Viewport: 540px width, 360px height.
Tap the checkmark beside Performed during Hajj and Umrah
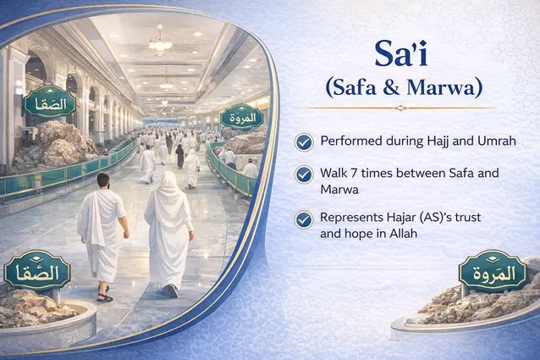coord(304,139)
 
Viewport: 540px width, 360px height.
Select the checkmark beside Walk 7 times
coord(304,174)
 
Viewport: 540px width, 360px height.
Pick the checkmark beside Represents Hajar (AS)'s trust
coord(304,219)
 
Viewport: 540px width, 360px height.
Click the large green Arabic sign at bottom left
coord(36,272)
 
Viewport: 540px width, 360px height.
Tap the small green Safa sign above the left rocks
coord(50,104)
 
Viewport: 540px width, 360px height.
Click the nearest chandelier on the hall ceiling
coord(160,41)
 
